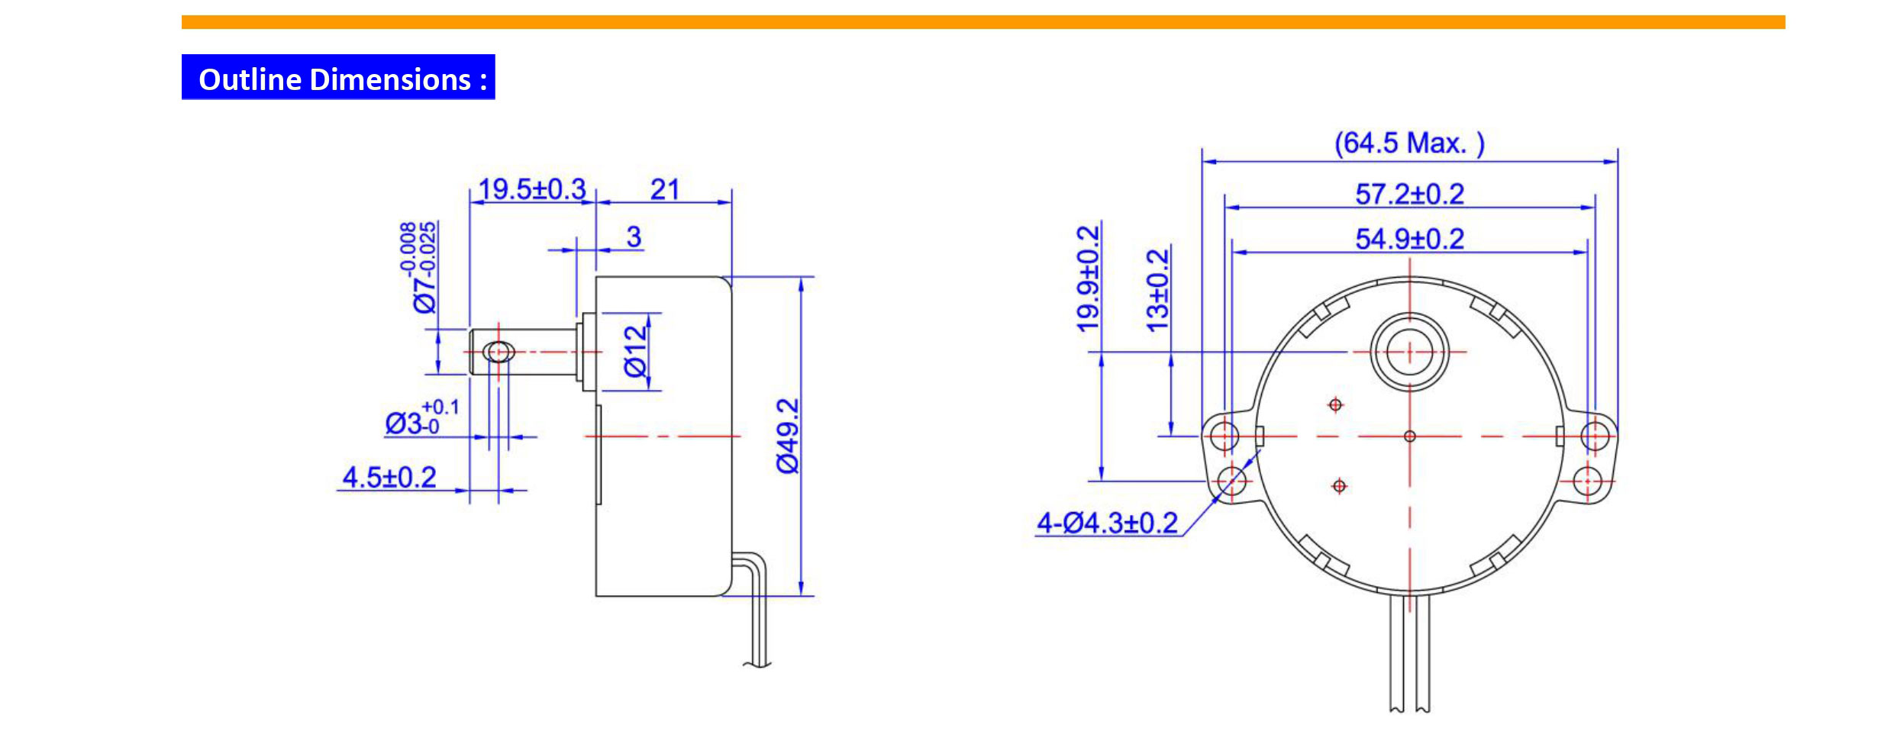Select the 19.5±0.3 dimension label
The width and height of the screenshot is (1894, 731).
coord(532,188)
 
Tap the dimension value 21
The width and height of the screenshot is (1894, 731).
coord(664,188)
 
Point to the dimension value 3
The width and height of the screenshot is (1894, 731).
coord(634,237)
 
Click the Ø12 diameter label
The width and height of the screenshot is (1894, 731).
coord(635,351)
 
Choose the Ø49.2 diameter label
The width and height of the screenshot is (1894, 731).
coord(787,436)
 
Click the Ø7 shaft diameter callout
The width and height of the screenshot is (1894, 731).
coord(421,267)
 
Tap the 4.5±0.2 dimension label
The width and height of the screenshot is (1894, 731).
coord(389,477)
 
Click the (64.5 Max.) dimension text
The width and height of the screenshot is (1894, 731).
coord(1409,143)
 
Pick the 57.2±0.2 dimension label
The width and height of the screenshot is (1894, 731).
coord(1409,194)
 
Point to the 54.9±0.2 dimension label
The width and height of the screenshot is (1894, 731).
coord(1409,239)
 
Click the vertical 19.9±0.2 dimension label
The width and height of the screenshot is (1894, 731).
coord(1088,279)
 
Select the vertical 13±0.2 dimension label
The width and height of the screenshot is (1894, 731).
coord(1157,290)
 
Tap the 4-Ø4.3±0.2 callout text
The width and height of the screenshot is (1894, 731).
coord(1107,523)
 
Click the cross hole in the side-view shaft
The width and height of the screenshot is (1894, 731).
coord(499,352)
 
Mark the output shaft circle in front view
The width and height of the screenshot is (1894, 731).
coord(1409,352)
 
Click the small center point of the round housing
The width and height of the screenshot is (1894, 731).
coord(1409,436)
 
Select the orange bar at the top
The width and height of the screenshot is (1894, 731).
coord(982,22)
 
